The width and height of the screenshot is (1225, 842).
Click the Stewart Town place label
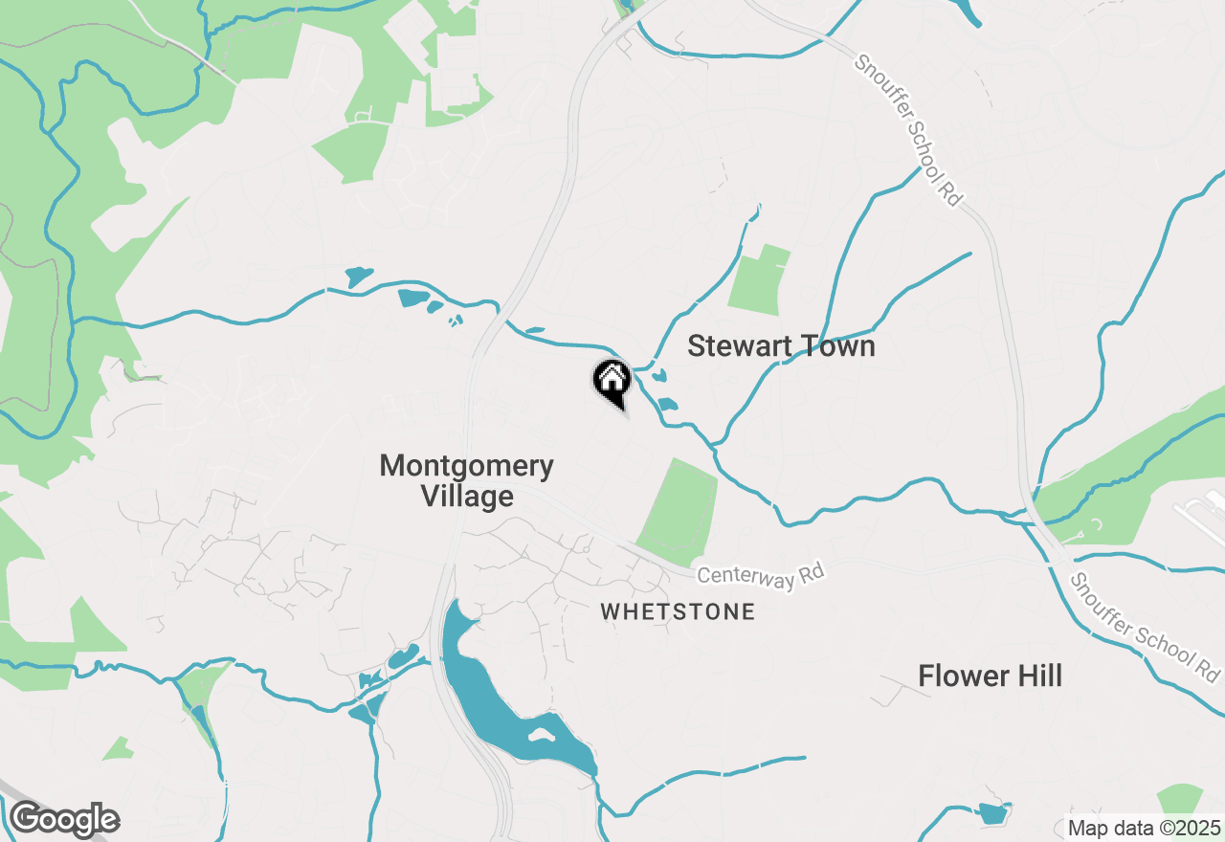(x=781, y=346)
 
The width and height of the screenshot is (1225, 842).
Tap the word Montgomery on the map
(x=466, y=466)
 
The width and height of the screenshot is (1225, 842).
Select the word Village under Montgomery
(x=467, y=497)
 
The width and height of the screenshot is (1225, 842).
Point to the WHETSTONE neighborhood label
(x=678, y=611)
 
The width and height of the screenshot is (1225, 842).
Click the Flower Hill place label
(x=990, y=676)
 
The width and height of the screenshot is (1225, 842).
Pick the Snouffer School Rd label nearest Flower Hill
(x=1147, y=628)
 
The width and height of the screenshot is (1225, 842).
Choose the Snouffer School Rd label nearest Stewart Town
(x=907, y=129)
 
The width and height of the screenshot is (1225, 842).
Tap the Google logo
(x=64, y=820)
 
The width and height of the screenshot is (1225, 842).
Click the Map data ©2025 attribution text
(x=1144, y=828)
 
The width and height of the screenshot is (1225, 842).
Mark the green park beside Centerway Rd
(x=679, y=512)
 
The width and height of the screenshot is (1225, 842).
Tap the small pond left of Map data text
(x=993, y=814)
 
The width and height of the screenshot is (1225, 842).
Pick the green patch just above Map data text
(x=1180, y=799)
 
